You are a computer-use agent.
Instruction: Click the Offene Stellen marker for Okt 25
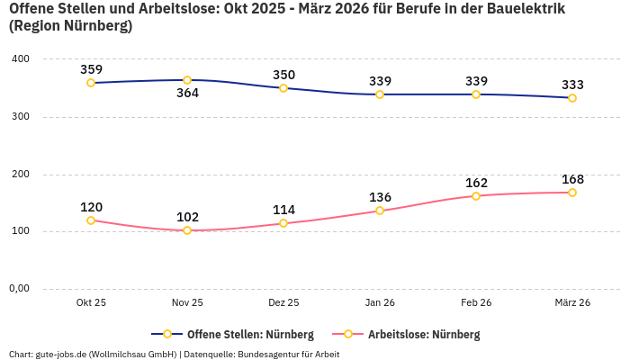point(91,83)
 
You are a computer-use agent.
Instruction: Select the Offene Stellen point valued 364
point(187,80)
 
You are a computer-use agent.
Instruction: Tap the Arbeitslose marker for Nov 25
point(187,230)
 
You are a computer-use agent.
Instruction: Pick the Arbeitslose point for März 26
point(572,193)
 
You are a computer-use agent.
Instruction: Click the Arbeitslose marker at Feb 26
point(476,196)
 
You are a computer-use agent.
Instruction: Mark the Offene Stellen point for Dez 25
point(283,88)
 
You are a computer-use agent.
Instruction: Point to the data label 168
point(572,179)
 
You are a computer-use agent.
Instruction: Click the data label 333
point(572,85)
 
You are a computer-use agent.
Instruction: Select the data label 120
point(91,207)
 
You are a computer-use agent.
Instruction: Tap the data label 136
point(380,197)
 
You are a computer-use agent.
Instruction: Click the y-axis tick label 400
point(21,58)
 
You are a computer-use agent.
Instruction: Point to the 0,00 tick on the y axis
point(19,289)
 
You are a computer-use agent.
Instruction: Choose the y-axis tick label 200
point(21,174)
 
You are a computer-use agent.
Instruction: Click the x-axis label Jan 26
point(380,303)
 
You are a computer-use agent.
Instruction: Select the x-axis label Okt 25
point(91,303)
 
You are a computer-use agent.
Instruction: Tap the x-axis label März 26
point(572,303)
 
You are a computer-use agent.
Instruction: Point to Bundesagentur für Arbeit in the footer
point(289,354)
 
